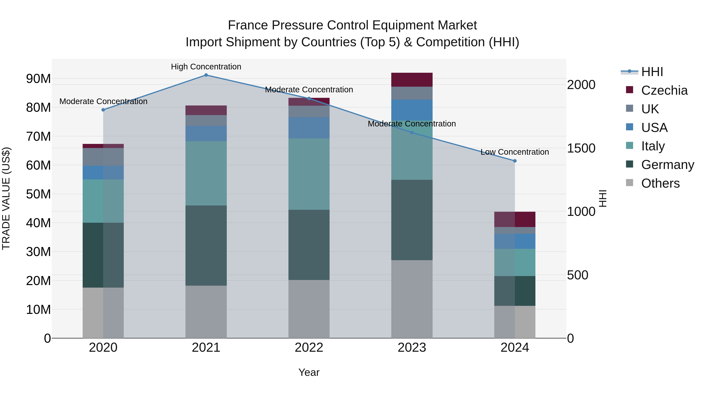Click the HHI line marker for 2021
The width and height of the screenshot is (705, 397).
(x=206, y=75)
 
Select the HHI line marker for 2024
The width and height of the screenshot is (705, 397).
(x=515, y=161)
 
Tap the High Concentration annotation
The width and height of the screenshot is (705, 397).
(x=206, y=67)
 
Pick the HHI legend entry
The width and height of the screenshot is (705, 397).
(x=652, y=72)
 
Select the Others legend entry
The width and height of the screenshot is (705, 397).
(x=660, y=183)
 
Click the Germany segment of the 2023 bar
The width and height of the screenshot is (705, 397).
(x=412, y=220)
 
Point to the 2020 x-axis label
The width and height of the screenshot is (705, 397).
(x=103, y=348)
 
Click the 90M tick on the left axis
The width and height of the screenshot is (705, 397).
(x=38, y=79)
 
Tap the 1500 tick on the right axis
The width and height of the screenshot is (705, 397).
(x=581, y=148)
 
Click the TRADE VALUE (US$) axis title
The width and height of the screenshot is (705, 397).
(x=6, y=198)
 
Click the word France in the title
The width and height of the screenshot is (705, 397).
(x=248, y=25)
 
